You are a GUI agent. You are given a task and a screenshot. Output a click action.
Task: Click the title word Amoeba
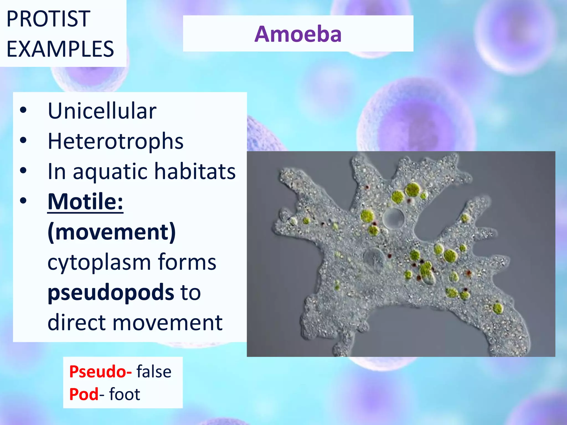pos(298,34)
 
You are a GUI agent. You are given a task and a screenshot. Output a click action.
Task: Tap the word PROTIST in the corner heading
pos(48,19)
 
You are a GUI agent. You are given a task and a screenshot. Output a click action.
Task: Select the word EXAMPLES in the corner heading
pos(60,49)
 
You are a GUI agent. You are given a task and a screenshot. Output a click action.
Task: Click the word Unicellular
pos(102,111)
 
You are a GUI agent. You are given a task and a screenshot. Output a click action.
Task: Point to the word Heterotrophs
pos(115,141)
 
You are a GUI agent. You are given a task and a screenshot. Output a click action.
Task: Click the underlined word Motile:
pos(85,201)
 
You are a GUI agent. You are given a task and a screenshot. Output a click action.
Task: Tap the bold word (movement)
pos(112,232)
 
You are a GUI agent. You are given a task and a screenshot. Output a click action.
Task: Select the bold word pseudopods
pos(111,292)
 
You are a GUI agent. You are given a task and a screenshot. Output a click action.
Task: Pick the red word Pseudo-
pos(100,372)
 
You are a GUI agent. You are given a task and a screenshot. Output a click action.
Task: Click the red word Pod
pos(84,394)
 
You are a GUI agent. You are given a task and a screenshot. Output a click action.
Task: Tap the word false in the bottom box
pos(154,372)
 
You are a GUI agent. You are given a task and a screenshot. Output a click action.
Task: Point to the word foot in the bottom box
pos(125,394)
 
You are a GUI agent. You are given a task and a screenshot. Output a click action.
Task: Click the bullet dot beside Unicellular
pos(23,110)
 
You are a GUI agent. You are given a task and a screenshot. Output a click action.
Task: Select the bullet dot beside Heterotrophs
pos(23,140)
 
